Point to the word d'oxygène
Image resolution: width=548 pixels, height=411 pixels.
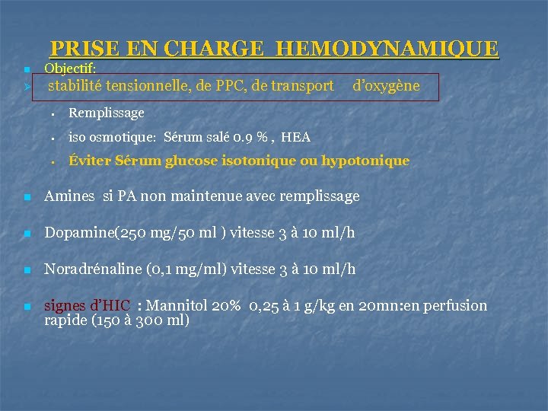pyautogui.click(x=386, y=86)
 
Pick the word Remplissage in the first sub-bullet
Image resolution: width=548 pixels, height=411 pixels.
pyautogui.click(x=106, y=113)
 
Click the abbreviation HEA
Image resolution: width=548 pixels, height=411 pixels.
pyautogui.click(x=295, y=137)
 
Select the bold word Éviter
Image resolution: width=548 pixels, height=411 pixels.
pyautogui.click(x=90, y=161)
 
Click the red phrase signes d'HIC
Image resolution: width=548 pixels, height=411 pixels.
pyautogui.click(x=88, y=306)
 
